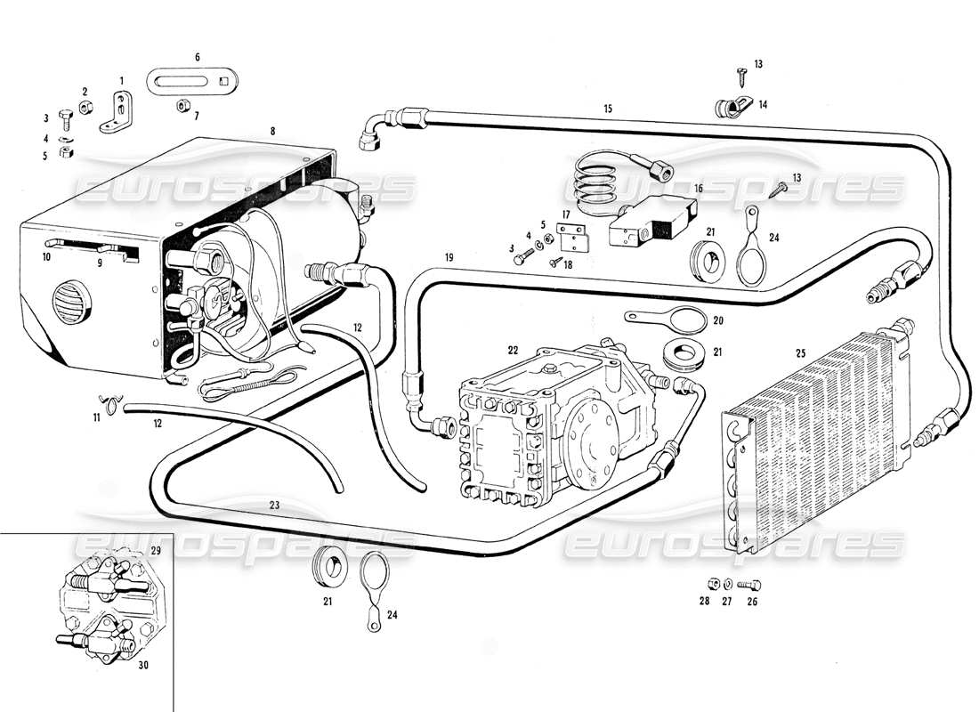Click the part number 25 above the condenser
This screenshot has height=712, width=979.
point(799,353)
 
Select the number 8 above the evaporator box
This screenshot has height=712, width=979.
point(272,131)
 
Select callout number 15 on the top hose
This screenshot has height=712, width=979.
point(608,109)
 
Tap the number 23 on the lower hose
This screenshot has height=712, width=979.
point(274,505)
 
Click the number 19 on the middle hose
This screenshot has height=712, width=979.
point(449,257)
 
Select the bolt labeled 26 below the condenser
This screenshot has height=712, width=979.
point(749,585)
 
